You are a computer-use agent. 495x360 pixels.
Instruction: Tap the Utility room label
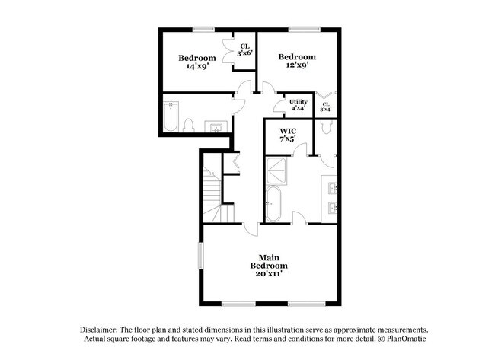298,101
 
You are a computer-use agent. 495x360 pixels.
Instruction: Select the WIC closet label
287,131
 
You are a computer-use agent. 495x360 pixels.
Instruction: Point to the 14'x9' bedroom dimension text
197,66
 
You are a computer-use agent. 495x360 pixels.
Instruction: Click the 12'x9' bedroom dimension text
296,66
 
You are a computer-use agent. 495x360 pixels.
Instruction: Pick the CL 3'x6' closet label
244,49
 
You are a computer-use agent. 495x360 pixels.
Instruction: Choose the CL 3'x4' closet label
326,107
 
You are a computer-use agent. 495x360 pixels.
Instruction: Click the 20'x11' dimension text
273,273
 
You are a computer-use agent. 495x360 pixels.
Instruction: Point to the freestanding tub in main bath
273,205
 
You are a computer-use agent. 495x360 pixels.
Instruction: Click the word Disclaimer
103,328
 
